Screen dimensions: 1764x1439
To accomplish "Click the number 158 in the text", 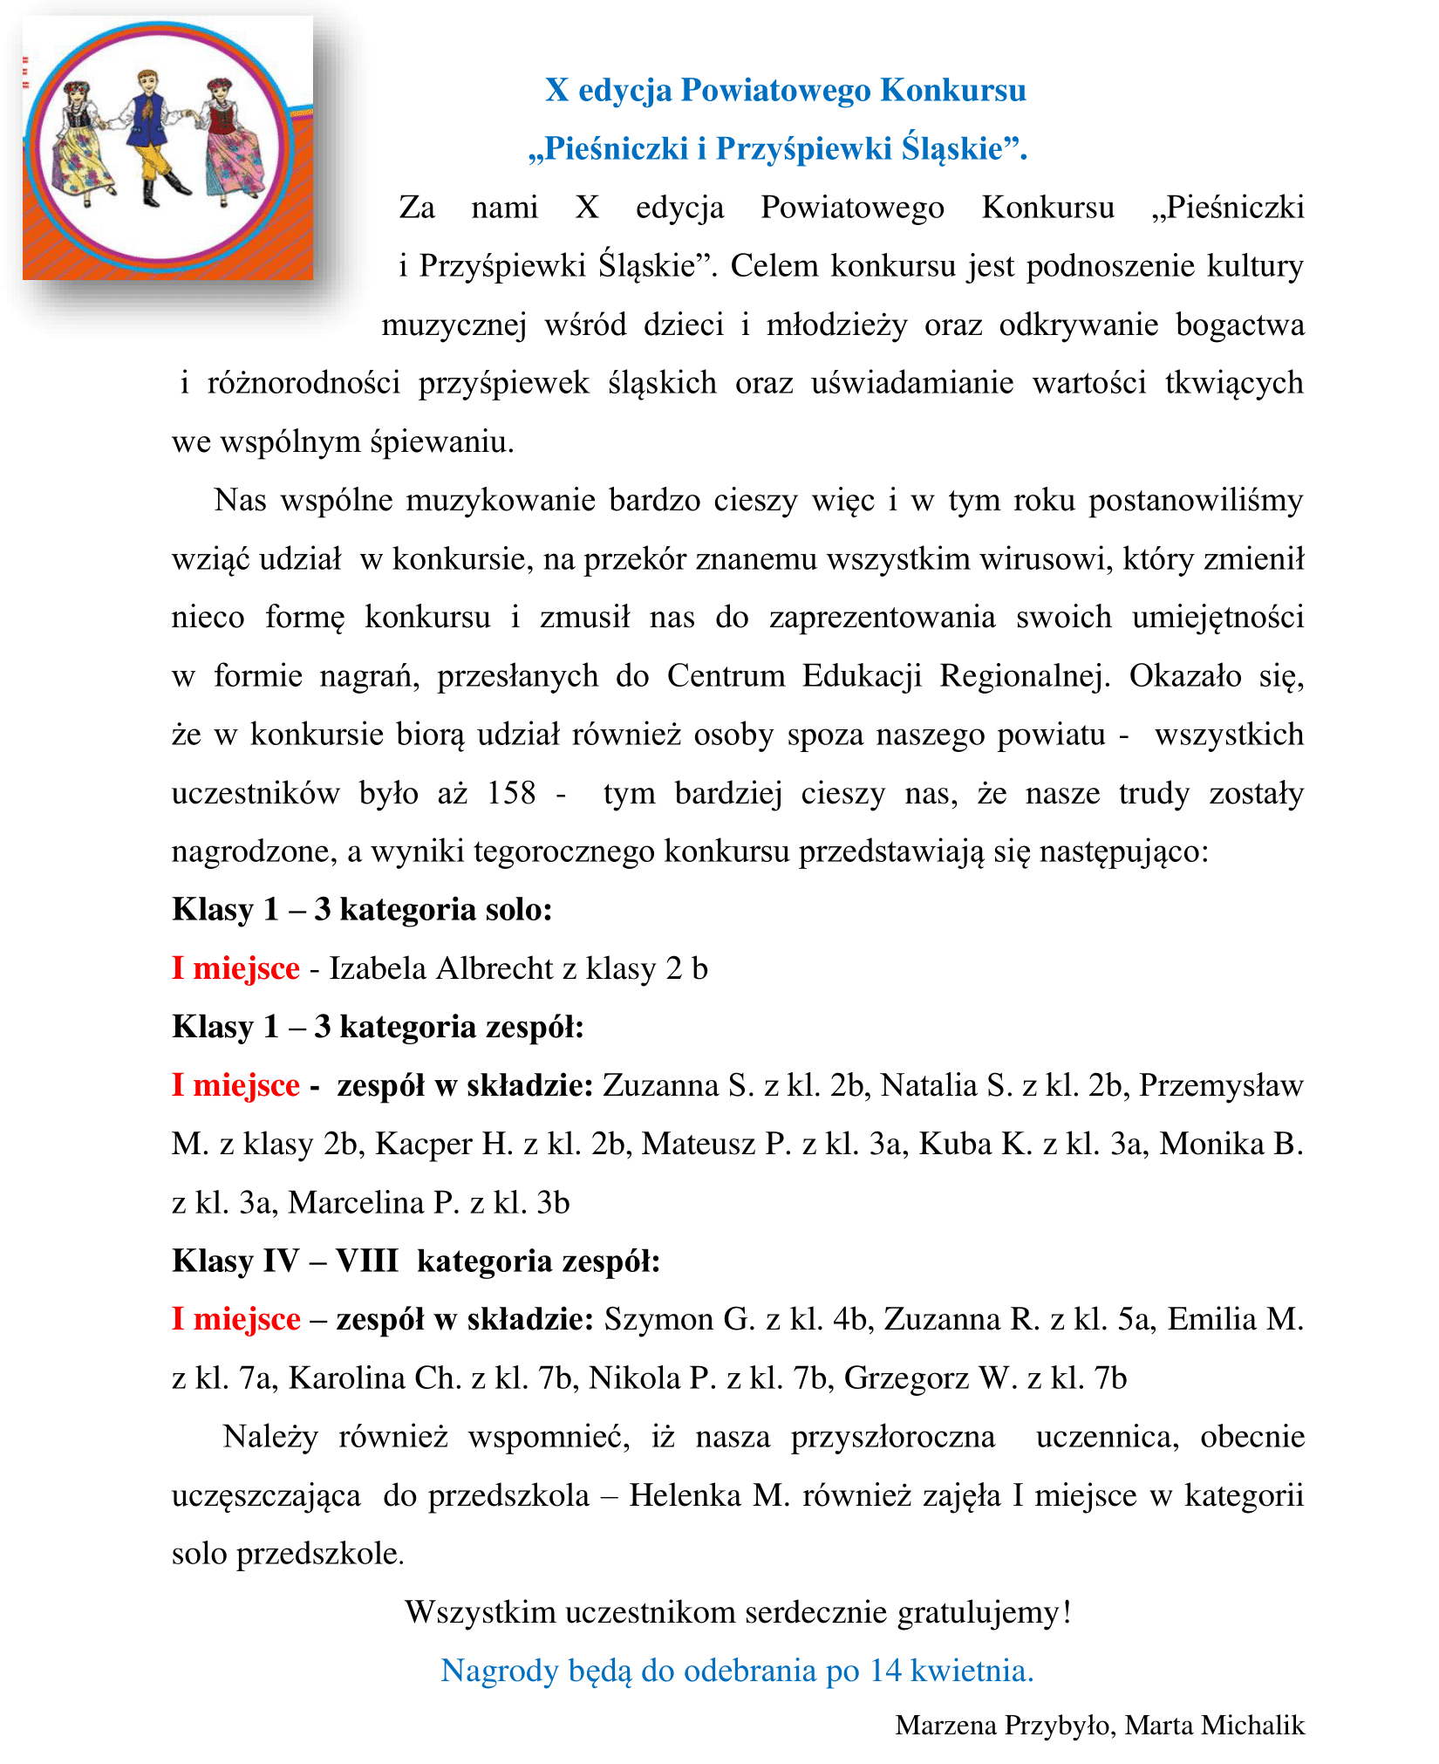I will click(x=511, y=793).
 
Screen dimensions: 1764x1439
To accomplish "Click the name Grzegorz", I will click(x=905, y=1378).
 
